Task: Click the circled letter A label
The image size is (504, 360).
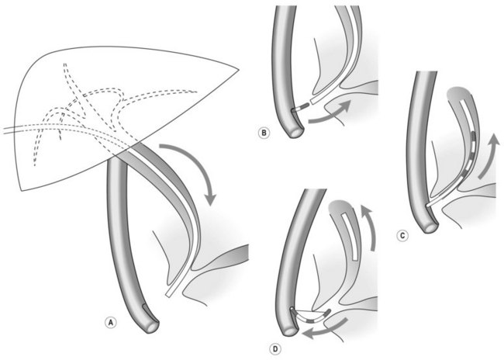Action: tap(111, 322)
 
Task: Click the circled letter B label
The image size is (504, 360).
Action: tap(264, 133)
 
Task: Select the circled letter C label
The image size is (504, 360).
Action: tap(402, 236)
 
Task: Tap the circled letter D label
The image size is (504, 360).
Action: tap(275, 348)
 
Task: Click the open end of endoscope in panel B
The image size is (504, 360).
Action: tap(296, 131)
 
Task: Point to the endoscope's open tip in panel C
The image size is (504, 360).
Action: tap(430, 227)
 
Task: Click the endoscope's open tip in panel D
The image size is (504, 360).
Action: tap(292, 331)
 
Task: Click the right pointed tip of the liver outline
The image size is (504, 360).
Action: tap(239, 69)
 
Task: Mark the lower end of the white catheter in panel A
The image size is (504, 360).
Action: tap(168, 295)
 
